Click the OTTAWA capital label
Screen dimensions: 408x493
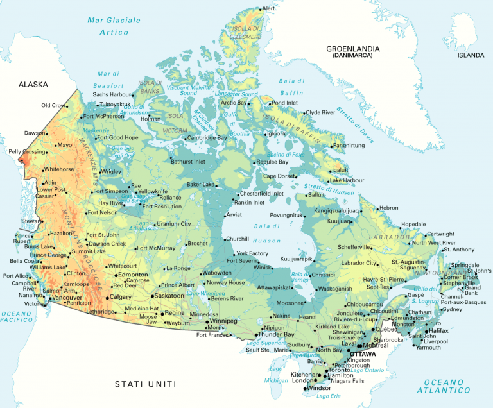363,353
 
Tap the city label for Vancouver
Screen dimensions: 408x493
66,298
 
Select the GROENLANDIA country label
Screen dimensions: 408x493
352,49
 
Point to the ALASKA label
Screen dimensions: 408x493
33,84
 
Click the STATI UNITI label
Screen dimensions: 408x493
145,384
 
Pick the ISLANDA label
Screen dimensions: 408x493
471,56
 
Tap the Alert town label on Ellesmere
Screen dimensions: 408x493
268,8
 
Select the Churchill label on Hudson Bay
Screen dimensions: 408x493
238,239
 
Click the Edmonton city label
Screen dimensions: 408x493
134,275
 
